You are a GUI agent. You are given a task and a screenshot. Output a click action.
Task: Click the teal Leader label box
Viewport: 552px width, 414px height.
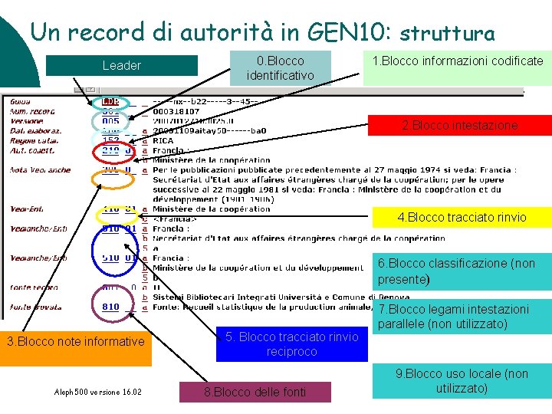121,66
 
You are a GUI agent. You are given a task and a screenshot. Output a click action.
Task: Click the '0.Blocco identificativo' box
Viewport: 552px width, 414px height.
281,67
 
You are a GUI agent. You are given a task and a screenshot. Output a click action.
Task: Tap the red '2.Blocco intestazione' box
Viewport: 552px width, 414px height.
460,125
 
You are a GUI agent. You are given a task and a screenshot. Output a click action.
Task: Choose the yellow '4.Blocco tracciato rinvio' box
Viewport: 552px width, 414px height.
462,217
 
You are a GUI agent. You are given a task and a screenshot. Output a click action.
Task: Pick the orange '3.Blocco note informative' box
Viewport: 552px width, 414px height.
75,341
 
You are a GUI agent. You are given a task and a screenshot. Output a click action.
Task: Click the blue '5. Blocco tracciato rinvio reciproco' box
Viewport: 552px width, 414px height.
291,344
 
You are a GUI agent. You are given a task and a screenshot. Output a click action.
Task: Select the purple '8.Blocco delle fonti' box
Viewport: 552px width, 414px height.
255,392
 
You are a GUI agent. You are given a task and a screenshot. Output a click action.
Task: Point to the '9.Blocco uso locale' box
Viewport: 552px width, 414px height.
462,381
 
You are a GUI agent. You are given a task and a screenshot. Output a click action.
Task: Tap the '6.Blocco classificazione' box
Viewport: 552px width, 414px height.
462,271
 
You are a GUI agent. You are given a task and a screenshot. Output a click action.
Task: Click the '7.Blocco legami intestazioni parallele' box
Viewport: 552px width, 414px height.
463,317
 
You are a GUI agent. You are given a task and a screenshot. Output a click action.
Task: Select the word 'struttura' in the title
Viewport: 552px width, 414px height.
447,33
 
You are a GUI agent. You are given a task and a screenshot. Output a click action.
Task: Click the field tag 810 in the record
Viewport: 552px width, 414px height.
110,307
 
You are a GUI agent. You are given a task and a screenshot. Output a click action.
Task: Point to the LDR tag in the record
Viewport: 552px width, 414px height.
110,101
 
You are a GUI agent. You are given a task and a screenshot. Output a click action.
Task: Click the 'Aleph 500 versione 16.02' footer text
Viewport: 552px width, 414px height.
97,392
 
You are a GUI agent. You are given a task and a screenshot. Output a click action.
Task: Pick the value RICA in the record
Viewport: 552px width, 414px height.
163,141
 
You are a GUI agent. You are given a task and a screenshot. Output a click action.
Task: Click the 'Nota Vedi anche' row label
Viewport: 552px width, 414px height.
40,170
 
